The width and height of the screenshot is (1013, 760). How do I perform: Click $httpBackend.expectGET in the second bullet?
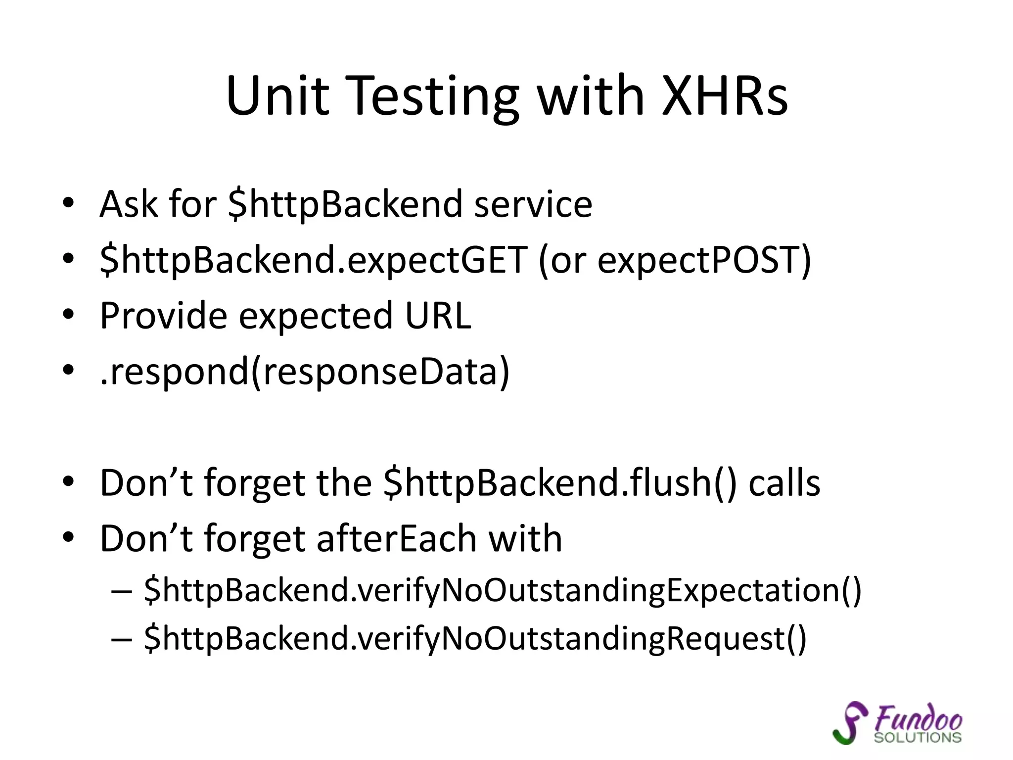[313, 260]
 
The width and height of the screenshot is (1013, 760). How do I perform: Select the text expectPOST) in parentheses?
[704, 260]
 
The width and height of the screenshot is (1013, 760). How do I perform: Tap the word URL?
[438, 315]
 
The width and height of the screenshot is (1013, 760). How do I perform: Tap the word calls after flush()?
[784, 483]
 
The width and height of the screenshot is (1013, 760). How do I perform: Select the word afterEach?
[397, 538]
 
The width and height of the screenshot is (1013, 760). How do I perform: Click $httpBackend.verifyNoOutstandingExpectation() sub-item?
[503, 591]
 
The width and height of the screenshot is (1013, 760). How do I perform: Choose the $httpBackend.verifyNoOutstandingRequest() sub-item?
[475, 639]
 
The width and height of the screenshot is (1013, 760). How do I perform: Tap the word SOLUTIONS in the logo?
[917, 738]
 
